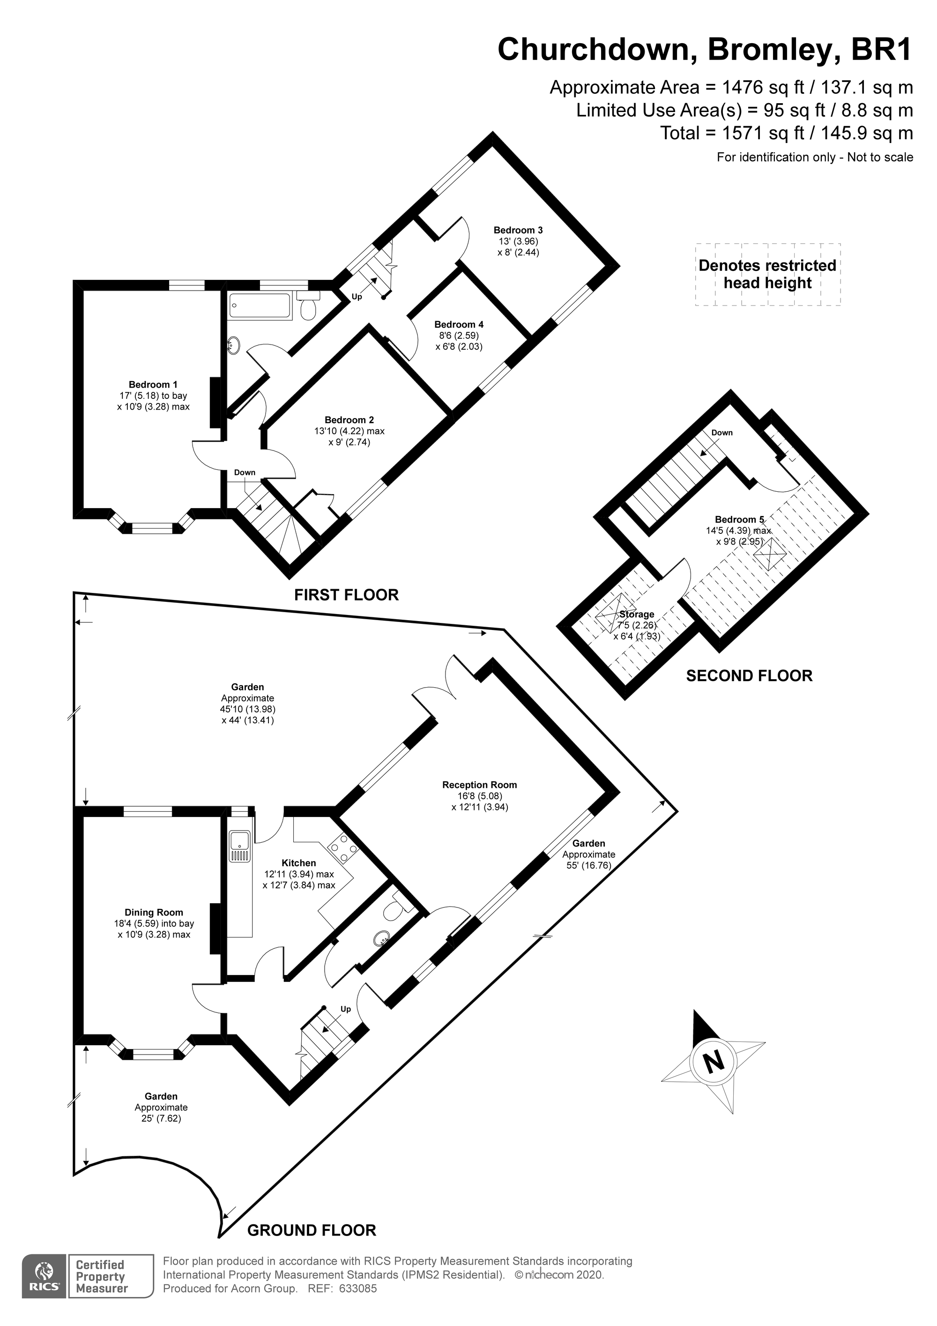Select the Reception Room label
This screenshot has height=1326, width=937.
(x=479, y=785)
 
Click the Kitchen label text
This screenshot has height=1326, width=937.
(x=298, y=863)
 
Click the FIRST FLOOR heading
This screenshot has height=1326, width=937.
(x=346, y=595)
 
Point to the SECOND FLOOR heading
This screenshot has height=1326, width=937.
(x=749, y=676)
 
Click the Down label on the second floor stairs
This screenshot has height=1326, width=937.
(x=721, y=433)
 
